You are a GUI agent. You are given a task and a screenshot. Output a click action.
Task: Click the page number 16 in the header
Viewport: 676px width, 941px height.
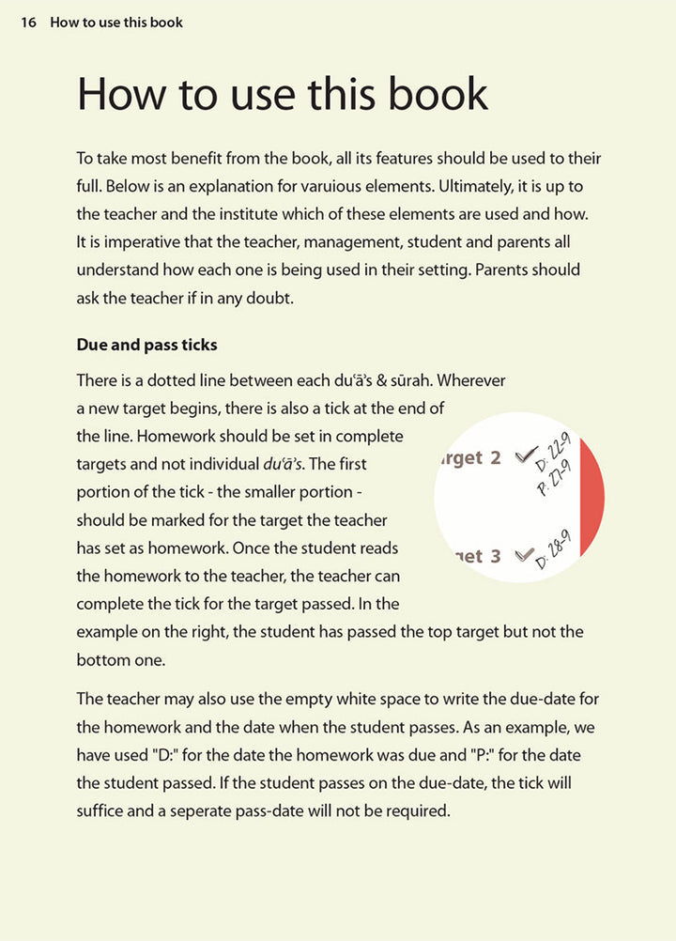28,23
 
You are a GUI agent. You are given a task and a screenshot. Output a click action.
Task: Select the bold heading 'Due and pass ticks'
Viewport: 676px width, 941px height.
146,345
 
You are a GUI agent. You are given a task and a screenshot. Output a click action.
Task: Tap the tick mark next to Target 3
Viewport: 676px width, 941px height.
524,554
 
